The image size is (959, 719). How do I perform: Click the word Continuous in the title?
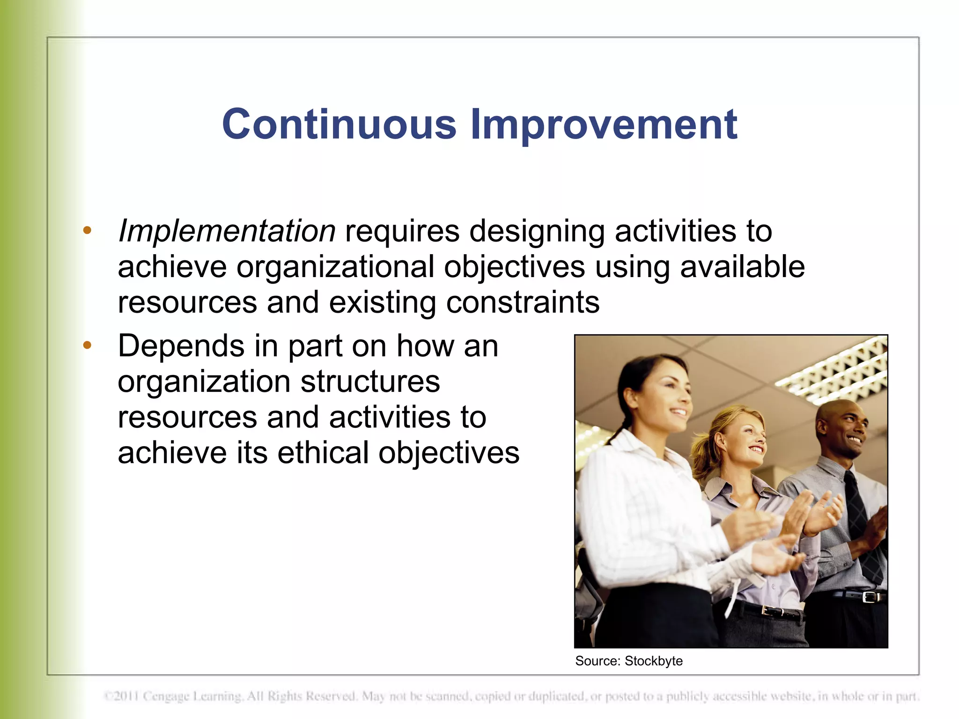pyautogui.click(x=339, y=124)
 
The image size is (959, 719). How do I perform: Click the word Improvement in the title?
pyautogui.click(x=604, y=124)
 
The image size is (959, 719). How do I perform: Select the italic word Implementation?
pyautogui.click(x=227, y=231)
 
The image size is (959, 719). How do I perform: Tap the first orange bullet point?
pyautogui.click(x=87, y=230)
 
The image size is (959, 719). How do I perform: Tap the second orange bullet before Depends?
pyautogui.click(x=87, y=345)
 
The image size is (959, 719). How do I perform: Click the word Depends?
pyautogui.click(x=181, y=346)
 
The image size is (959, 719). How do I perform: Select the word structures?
pyautogui.click(x=370, y=382)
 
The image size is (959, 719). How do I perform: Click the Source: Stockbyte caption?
pyautogui.click(x=628, y=661)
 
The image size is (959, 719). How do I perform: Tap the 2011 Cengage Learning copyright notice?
pyautogui.click(x=510, y=697)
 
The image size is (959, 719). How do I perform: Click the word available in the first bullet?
pyautogui.click(x=742, y=267)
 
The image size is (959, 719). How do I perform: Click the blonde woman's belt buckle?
pyautogui.click(x=770, y=611)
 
